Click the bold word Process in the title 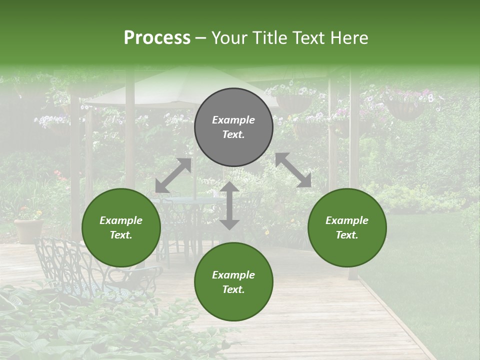(157, 38)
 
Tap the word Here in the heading (348, 38)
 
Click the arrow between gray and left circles (173, 175)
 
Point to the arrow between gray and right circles (293, 170)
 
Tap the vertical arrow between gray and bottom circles (229, 205)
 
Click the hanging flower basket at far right (406, 110)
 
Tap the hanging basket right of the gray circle (293, 102)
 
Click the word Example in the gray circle (233, 120)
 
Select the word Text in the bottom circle (233, 289)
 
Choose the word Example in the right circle (347, 220)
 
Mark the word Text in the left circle (121, 235)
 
